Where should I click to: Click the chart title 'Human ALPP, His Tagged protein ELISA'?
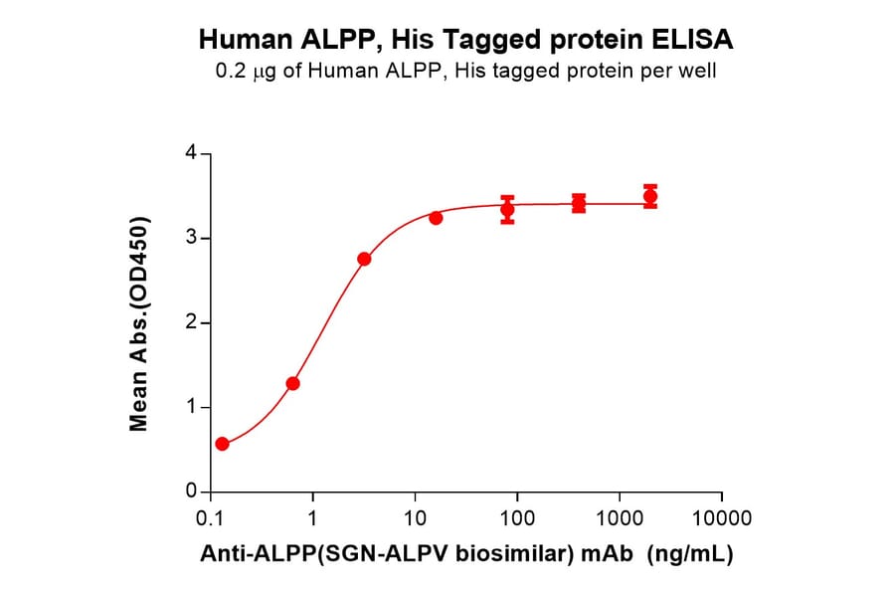(466, 40)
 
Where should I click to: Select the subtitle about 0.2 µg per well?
(466, 72)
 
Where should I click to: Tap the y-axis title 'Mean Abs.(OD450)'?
(139, 323)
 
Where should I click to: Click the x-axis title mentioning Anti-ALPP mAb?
(466, 554)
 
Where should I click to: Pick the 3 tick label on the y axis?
(192, 239)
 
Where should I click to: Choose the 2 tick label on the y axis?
(192, 323)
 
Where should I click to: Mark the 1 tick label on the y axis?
(192, 408)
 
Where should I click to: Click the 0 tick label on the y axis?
(192, 492)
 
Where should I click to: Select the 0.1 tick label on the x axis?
(210, 518)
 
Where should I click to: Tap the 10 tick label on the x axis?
(416, 518)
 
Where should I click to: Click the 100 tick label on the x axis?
(517, 518)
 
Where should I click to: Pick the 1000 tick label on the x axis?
(620, 518)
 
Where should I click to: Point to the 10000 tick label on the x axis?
(722, 518)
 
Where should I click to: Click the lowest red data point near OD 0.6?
(222, 444)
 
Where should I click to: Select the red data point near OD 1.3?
(292, 383)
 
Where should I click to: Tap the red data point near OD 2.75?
(364, 259)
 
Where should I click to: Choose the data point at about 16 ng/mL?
(436, 218)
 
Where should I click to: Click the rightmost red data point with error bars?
(650, 196)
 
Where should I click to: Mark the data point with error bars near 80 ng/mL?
(507, 210)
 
